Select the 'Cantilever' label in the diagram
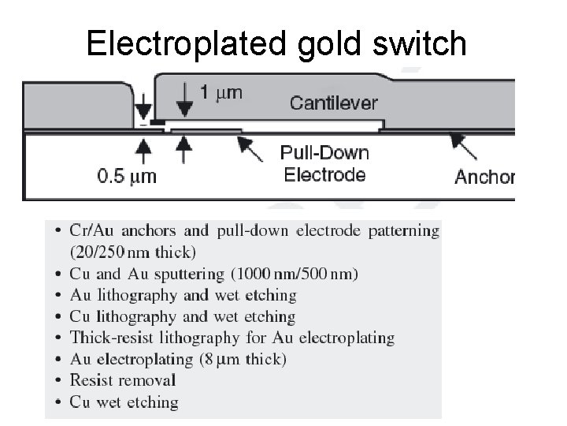(x=334, y=103)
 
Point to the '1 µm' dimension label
(x=220, y=93)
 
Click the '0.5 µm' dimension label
(x=127, y=175)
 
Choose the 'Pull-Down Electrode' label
(x=325, y=163)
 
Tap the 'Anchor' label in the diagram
(x=484, y=177)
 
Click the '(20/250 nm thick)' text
(x=133, y=252)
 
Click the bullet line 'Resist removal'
(x=123, y=380)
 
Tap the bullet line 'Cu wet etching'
(x=124, y=402)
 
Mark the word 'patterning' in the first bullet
(x=398, y=231)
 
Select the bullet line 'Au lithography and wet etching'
(x=183, y=295)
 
